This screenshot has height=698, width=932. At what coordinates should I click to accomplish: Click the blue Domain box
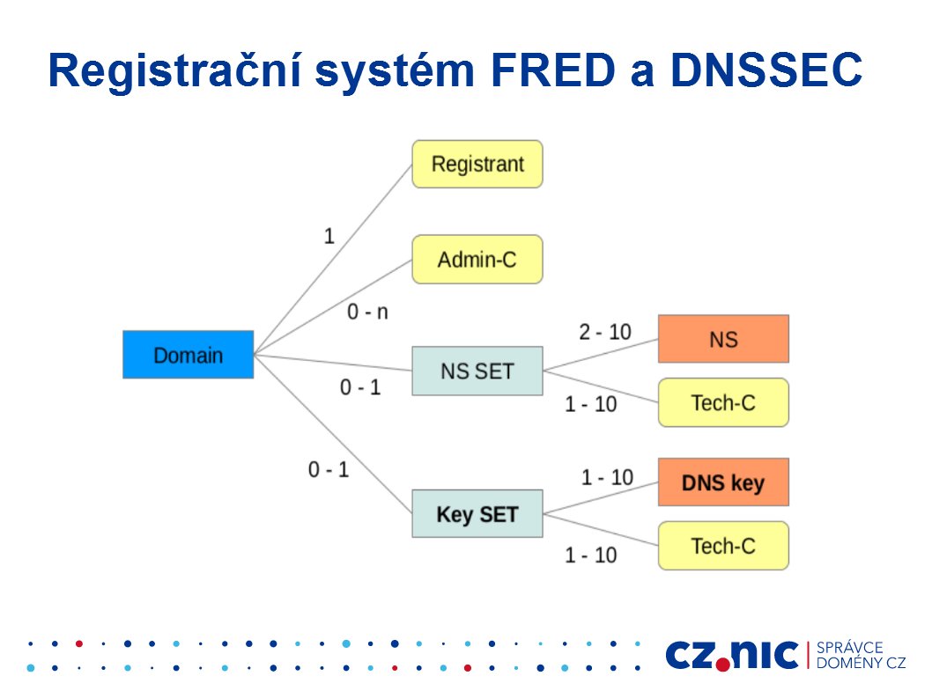[x=188, y=355]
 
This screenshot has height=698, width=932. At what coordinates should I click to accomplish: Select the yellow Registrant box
[x=477, y=164]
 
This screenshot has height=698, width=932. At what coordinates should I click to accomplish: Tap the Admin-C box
[x=477, y=260]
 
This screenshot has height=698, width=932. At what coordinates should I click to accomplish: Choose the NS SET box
[x=477, y=371]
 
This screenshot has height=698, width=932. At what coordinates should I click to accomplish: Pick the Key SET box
[x=477, y=514]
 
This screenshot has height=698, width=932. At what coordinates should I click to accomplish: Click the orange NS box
[x=723, y=339]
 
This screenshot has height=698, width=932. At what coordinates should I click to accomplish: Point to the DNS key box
[x=723, y=482]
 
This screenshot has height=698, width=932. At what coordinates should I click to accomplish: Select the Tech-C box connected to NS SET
[x=723, y=403]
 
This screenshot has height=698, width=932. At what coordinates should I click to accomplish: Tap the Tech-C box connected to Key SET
[x=723, y=546]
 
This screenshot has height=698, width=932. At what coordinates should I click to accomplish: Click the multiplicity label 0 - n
[x=368, y=311]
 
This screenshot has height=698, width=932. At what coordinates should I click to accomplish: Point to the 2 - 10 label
[x=605, y=332]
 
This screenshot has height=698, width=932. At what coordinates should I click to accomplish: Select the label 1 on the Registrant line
[x=329, y=236]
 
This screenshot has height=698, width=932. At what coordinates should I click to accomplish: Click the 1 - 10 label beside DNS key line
[x=607, y=477]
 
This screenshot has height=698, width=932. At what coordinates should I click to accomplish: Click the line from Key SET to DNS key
[x=600, y=498]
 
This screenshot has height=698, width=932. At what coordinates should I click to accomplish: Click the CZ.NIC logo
[x=731, y=655]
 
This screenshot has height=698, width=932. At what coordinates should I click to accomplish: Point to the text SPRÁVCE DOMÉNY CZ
[x=861, y=655]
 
